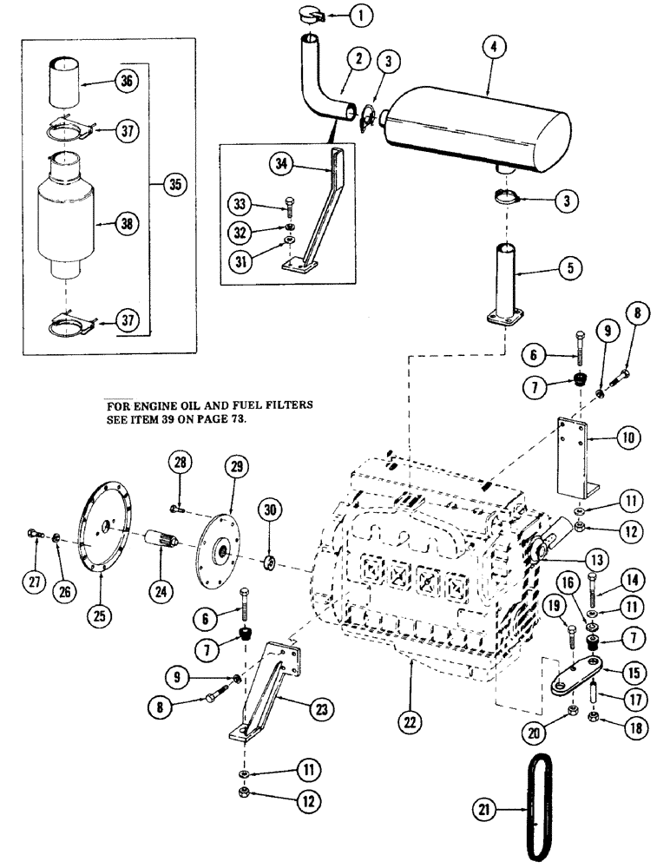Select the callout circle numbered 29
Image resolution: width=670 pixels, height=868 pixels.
pos(233,466)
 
